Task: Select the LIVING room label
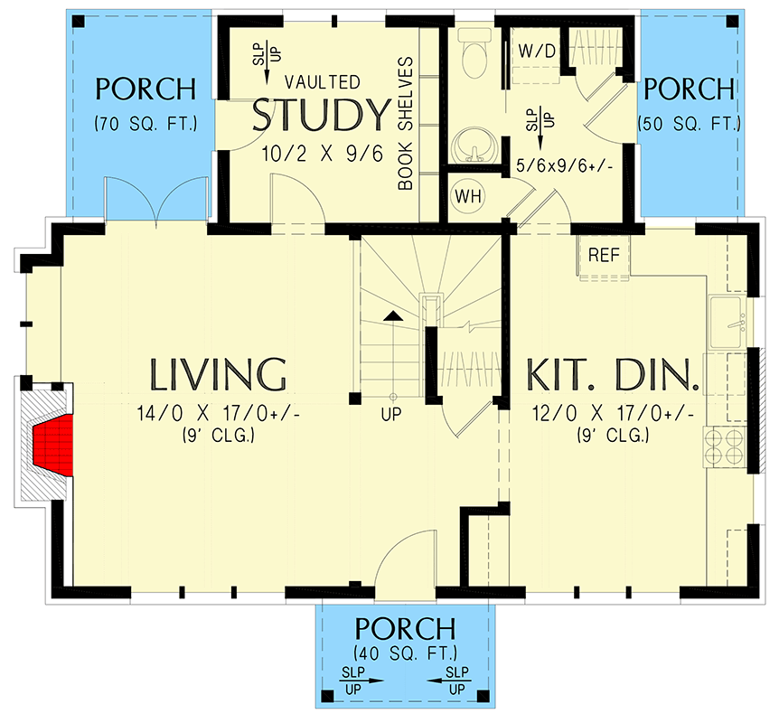coord(218,373)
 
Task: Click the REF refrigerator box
coord(604,255)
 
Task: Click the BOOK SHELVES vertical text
coord(406,125)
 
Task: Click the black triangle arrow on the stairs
coord(392,315)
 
